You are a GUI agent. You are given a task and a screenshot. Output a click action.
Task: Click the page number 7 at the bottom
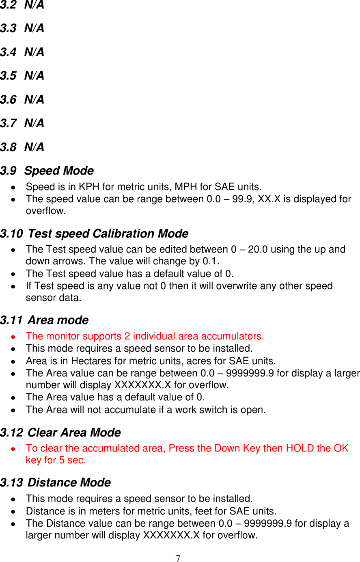[178, 558]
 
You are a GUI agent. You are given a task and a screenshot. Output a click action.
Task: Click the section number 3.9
[9, 171]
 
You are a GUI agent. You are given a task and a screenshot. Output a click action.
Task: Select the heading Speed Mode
[59, 171]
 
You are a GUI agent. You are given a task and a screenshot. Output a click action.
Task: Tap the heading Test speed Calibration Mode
[108, 234]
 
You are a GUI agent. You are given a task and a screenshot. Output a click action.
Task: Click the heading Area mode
[58, 320]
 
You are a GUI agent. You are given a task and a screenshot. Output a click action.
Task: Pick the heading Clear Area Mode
[74, 432]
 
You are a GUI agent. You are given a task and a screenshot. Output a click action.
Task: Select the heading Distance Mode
[69, 482]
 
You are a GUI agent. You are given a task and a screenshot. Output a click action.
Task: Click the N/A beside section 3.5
[34, 76]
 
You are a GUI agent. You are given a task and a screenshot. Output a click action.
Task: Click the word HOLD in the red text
[300, 448]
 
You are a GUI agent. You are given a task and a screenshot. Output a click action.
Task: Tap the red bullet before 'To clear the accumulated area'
[13, 449]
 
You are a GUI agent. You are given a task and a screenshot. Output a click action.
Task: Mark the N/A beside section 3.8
[34, 147]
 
